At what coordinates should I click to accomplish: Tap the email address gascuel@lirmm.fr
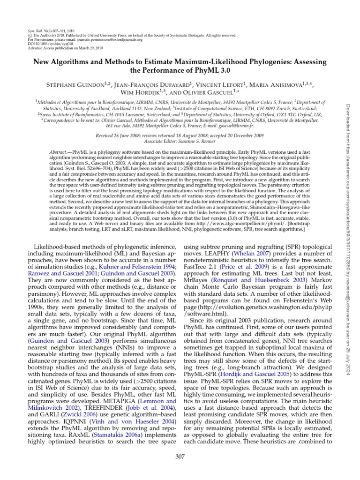[239, 126]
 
